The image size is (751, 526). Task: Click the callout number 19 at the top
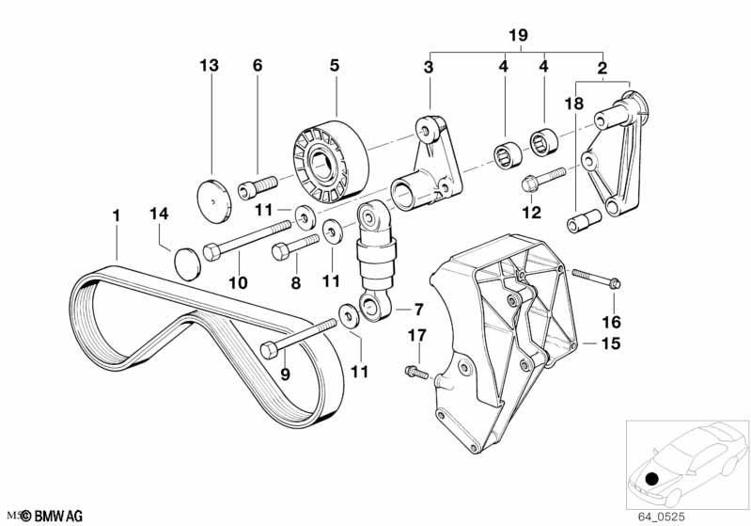click(x=518, y=35)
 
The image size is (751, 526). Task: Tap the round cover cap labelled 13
click(x=214, y=201)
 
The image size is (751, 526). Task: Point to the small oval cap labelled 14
click(x=187, y=263)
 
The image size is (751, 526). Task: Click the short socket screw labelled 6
click(x=258, y=186)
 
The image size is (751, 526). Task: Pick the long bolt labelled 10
click(x=247, y=241)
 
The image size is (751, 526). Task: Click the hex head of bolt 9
click(x=269, y=350)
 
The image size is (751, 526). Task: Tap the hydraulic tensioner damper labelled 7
click(x=375, y=261)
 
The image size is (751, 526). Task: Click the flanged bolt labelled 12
click(x=543, y=178)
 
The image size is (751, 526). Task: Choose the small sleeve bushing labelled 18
click(x=584, y=221)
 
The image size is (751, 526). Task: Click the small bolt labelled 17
click(x=416, y=372)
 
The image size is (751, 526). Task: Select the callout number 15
click(x=610, y=343)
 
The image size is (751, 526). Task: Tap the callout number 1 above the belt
click(x=116, y=216)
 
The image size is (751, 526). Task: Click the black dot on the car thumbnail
click(x=652, y=479)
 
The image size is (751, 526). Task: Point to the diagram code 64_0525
click(x=661, y=517)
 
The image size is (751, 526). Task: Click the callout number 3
click(x=429, y=67)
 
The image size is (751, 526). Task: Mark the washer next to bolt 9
click(x=349, y=315)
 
